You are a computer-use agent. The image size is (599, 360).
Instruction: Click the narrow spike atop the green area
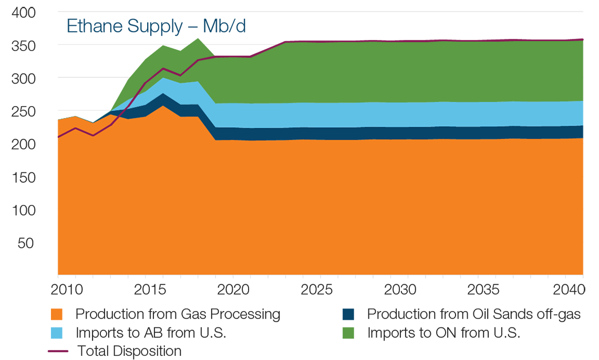[x=198, y=37]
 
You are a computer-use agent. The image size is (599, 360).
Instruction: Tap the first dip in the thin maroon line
[x=94, y=136]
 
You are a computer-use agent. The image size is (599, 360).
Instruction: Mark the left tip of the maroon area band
[x=217, y=53]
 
